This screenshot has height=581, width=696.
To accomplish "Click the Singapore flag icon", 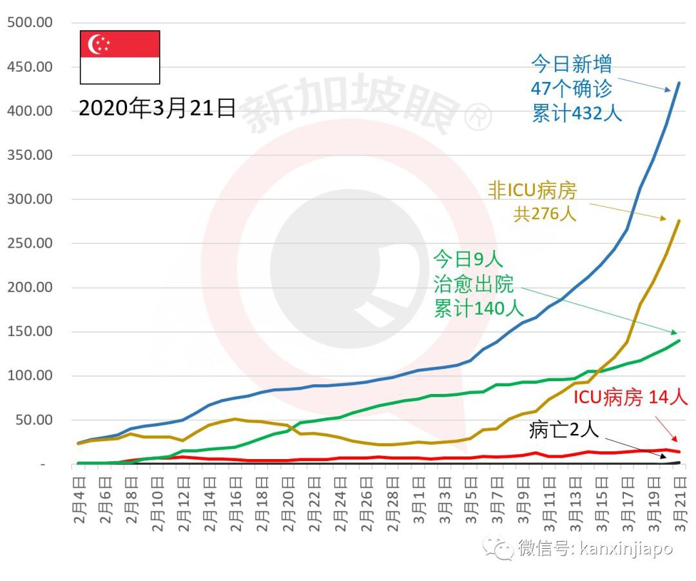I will pos(120,57).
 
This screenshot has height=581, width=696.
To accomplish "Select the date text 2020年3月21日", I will pos(158,108).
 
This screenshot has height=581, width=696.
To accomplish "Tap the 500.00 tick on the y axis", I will pos(30,23).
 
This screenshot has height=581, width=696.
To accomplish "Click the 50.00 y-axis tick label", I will pos(34,420).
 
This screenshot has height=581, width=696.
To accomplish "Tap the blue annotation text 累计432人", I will pos(577,113).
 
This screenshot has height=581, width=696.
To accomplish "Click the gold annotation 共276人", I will pos(545,214).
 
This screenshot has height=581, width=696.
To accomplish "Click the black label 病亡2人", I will pos(564,429).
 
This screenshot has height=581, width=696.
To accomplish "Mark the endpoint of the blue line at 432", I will pos(679,83).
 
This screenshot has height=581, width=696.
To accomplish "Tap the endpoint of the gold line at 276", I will pos(679,221).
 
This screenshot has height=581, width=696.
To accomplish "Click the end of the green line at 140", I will pos(679,340).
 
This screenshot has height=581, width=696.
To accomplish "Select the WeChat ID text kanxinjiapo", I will pos(626,548).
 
